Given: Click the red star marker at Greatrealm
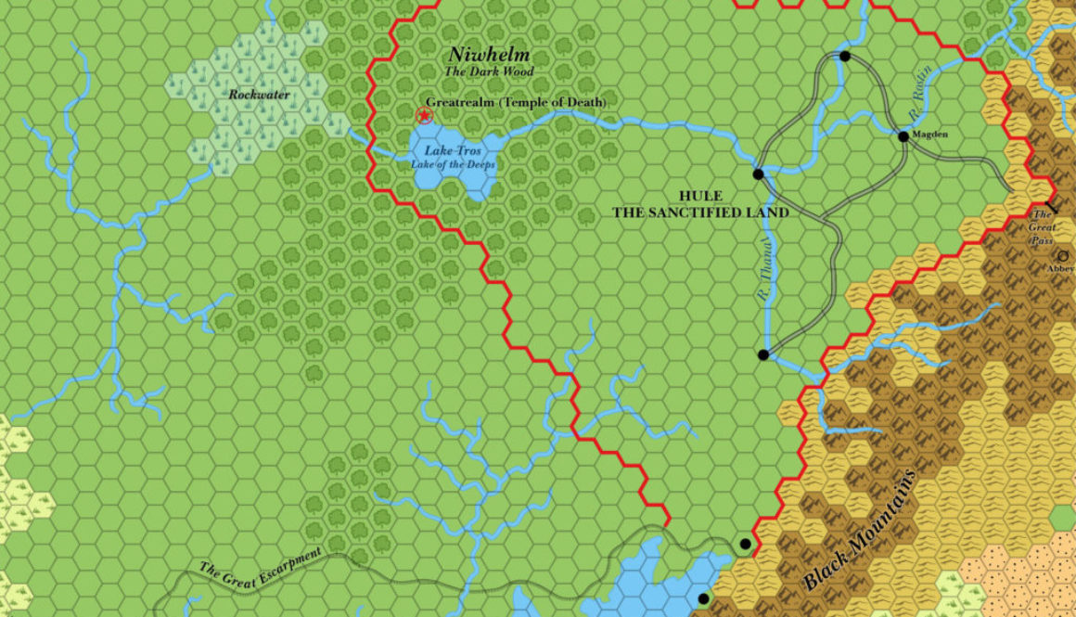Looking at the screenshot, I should click(x=425, y=116).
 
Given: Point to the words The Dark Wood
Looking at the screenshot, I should click(x=489, y=71).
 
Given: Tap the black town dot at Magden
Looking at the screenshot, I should click(x=903, y=137).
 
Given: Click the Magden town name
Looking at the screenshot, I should click(x=930, y=135).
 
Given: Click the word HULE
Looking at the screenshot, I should click(x=700, y=196).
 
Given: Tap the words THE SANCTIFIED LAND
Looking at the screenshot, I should click(x=700, y=212).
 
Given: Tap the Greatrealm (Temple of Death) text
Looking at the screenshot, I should click(x=516, y=102).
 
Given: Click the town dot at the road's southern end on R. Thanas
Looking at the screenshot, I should click(x=763, y=354).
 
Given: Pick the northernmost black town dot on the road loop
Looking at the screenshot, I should click(x=844, y=57).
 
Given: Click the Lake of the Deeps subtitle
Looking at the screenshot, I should click(x=454, y=165).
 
